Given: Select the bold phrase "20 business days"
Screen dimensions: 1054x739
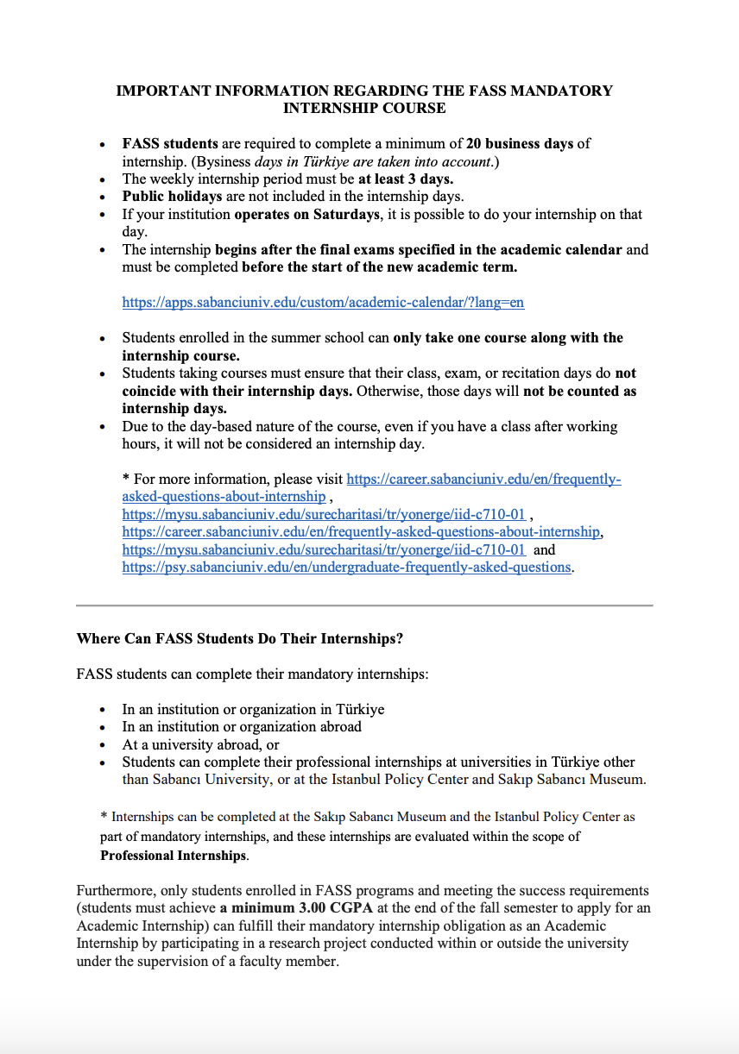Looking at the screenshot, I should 520,143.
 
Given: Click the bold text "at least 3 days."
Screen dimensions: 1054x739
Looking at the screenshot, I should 406,179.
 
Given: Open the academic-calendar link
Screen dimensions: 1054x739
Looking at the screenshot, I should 323,302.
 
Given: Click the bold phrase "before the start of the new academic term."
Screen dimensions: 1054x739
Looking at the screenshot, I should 380,267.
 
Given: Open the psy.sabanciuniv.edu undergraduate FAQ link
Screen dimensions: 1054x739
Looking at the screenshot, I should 346,567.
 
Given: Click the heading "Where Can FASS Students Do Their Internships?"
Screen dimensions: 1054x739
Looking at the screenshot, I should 240,639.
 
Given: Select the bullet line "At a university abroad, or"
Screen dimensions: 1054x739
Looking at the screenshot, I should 200,744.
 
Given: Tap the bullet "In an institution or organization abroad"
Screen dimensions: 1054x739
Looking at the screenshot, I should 242,726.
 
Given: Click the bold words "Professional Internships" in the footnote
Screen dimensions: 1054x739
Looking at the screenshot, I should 173,856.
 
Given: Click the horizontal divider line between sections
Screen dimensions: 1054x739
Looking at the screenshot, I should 364,605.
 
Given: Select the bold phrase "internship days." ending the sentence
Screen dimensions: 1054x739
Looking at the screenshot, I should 174,408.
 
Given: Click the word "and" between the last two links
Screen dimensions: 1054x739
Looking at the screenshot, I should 545,549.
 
